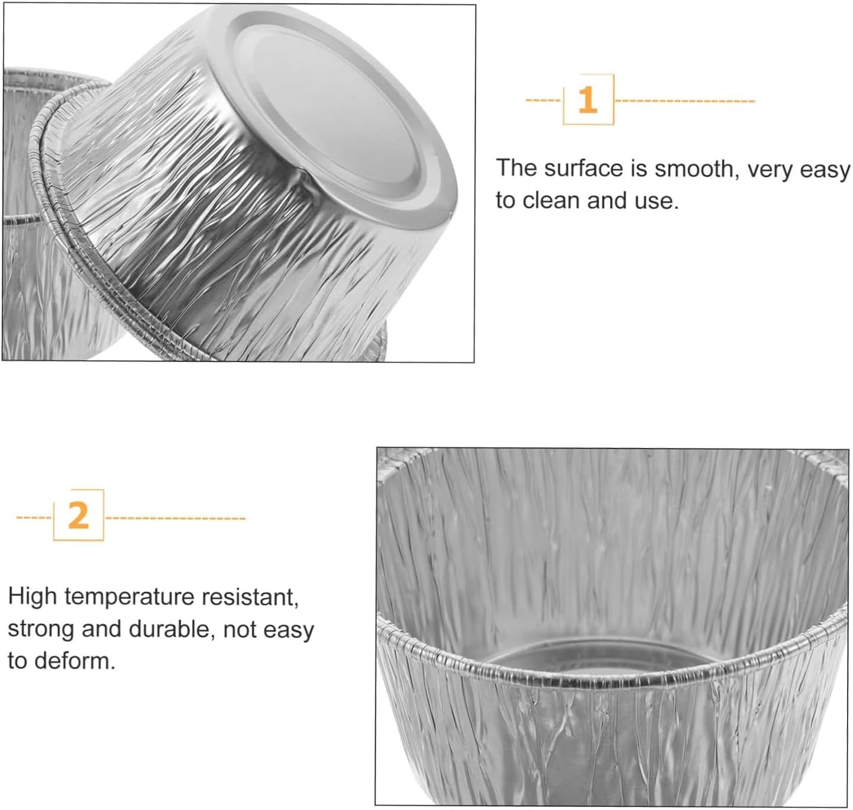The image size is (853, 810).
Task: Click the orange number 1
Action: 587,100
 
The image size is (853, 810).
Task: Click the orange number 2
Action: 78,516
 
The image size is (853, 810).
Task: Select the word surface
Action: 583,169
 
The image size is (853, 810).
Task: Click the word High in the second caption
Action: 32,596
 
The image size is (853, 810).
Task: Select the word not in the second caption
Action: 240,630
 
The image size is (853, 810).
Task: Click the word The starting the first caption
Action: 516,169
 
